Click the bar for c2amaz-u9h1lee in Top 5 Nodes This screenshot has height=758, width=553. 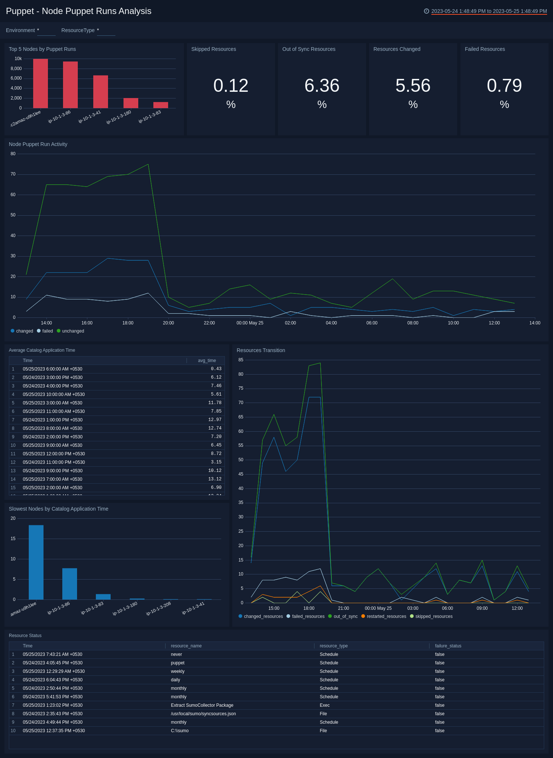coord(41,83)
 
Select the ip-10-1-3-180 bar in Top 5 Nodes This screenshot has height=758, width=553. coord(131,103)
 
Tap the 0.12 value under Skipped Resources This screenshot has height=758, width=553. coord(231,86)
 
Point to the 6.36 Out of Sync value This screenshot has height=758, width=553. coord(322,86)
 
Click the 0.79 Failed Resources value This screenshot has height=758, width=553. coord(504,86)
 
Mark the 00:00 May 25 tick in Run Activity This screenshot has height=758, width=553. coord(250,323)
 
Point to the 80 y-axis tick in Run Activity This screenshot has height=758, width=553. coord(13,154)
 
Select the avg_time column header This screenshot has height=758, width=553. coord(207,361)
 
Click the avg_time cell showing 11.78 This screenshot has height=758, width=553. coord(215,403)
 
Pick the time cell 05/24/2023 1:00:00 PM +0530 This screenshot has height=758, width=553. coord(53,420)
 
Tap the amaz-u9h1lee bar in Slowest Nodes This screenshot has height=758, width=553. coord(36,562)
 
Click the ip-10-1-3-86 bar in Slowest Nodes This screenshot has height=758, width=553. coord(70,584)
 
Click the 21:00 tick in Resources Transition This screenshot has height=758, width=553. coord(344,608)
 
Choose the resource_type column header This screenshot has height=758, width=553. coord(334,646)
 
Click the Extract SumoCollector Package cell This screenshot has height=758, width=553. coord(202,705)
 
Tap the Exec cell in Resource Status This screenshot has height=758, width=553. coord(325,705)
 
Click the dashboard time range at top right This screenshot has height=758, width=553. coord(489,11)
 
